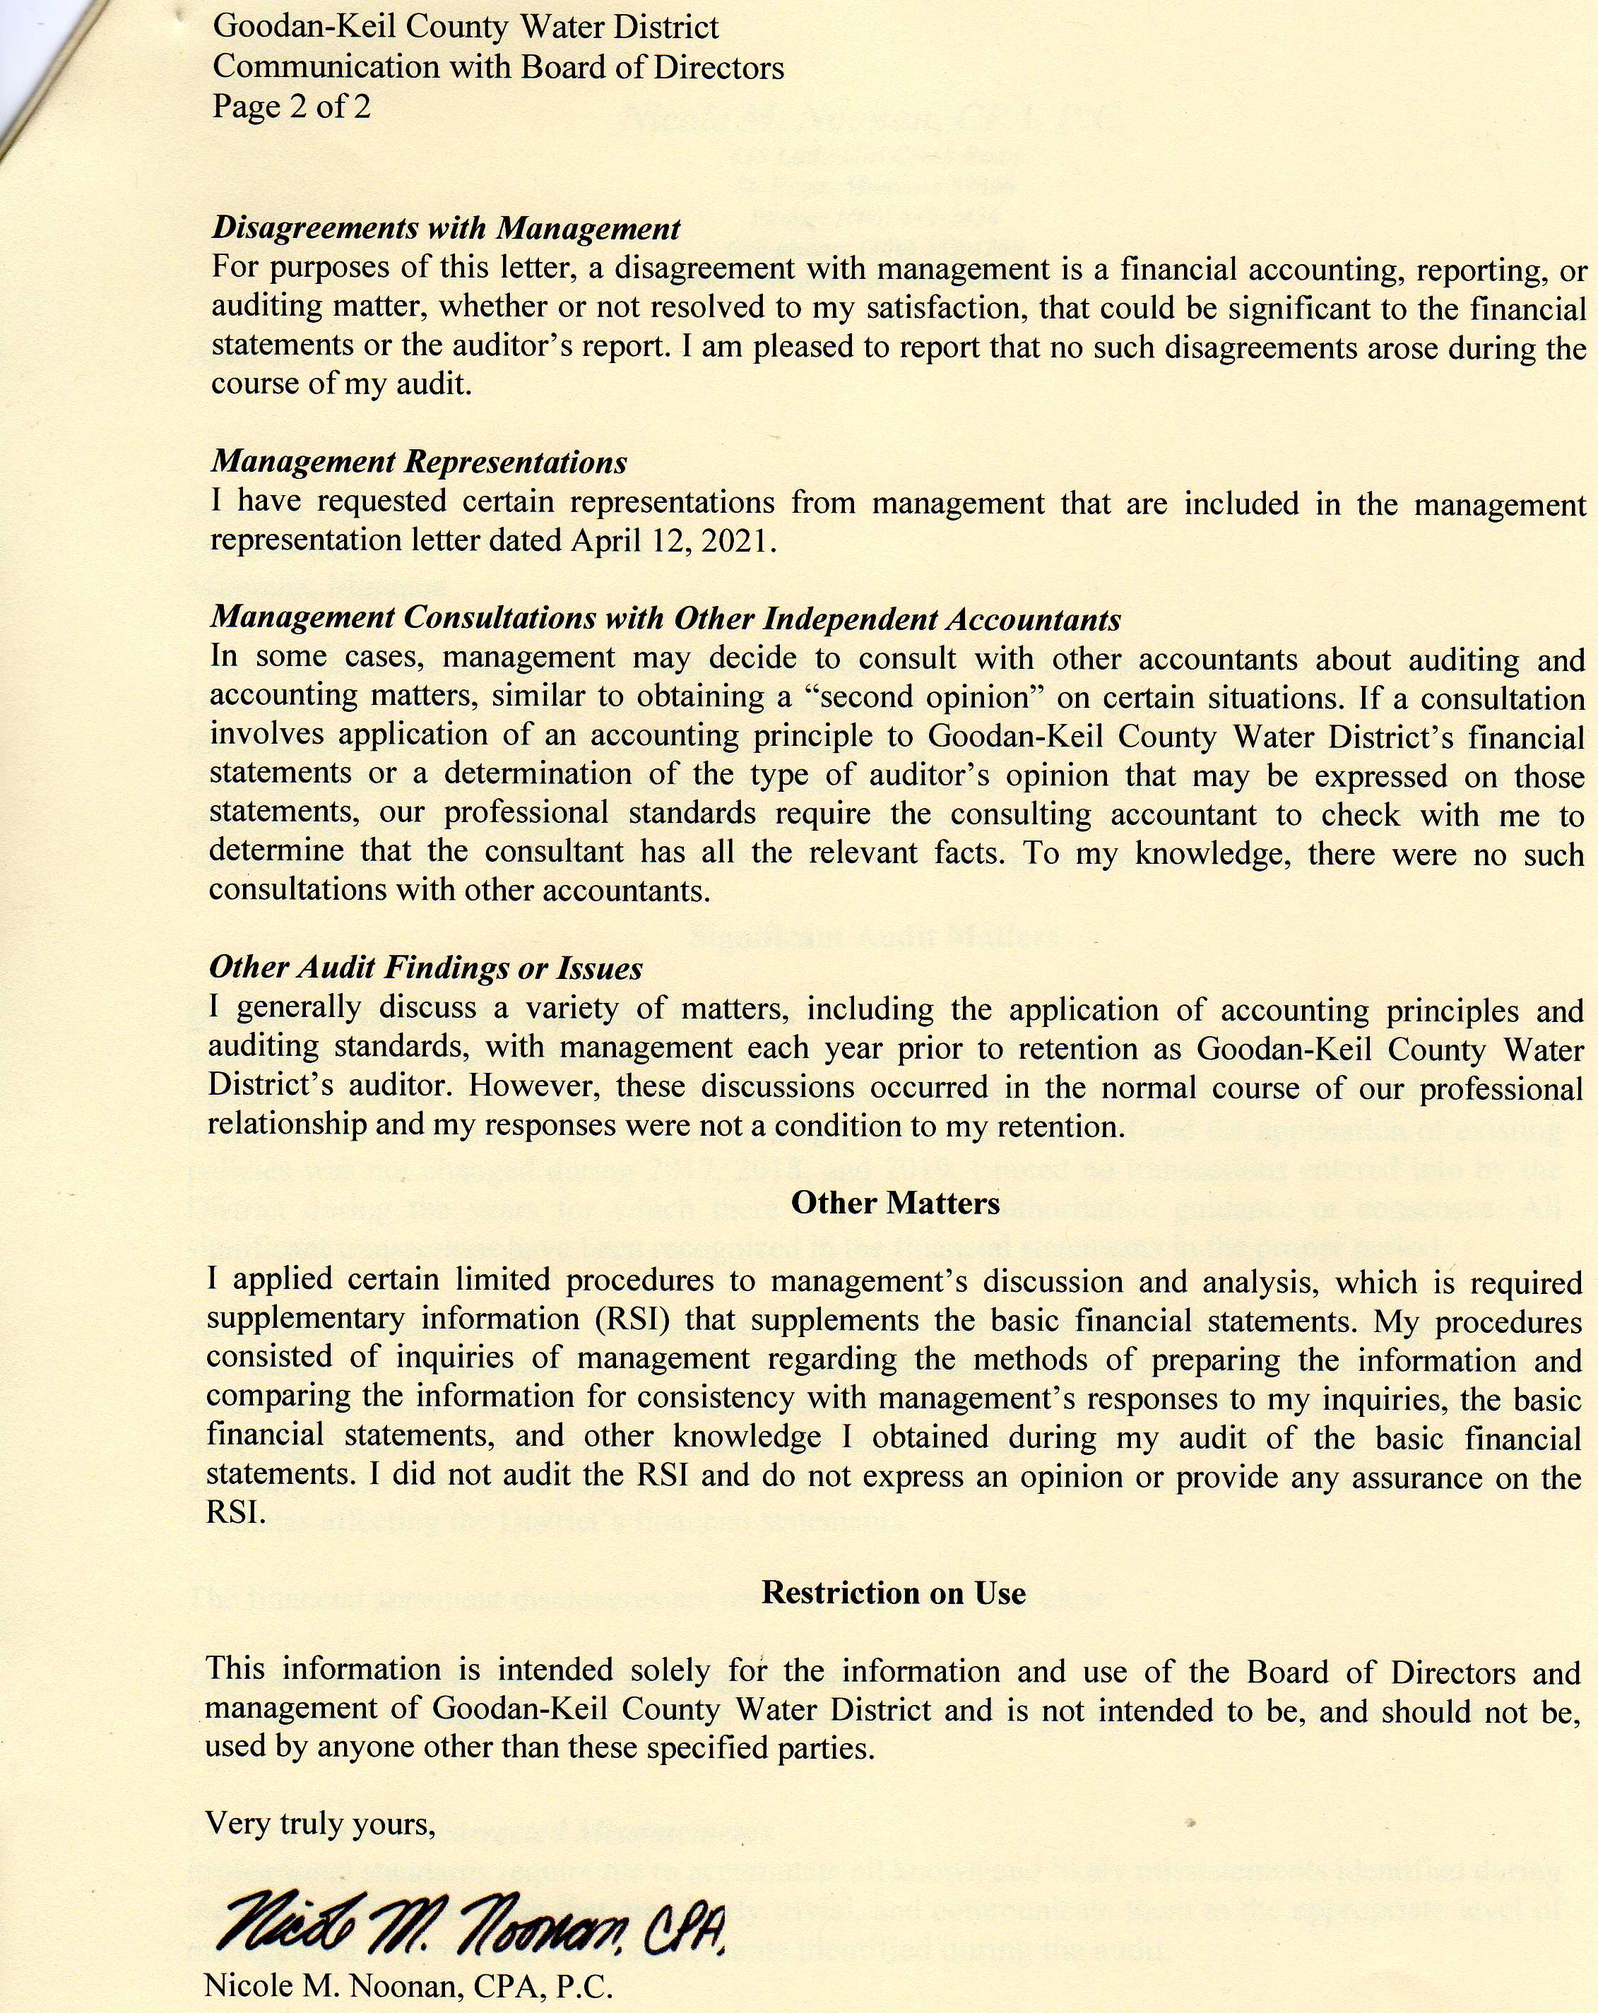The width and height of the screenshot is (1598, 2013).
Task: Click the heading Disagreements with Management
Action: (x=446, y=228)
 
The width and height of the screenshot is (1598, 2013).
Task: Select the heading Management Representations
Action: (x=418, y=461)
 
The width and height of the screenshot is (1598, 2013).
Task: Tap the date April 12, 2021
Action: (x=673, y=540)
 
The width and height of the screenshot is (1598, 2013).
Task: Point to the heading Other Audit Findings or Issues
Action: (x=425, y=967)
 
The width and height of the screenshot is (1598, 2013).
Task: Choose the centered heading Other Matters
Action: (x=895, y=1203)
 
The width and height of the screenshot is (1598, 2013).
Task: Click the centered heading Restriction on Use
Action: (x=893, y=1592)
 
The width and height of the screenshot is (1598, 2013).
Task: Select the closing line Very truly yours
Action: (x=320, y=1822)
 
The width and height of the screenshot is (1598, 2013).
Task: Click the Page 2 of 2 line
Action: (x=291, y=107)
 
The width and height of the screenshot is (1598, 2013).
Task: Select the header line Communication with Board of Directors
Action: (x=498, y=67)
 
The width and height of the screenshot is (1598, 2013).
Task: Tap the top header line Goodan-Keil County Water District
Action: (x=465, y=26)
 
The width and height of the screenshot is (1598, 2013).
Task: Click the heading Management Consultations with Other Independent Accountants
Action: (x=665, y=618)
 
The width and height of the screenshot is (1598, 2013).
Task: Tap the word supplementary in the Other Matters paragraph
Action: (x=305, y=1319)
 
